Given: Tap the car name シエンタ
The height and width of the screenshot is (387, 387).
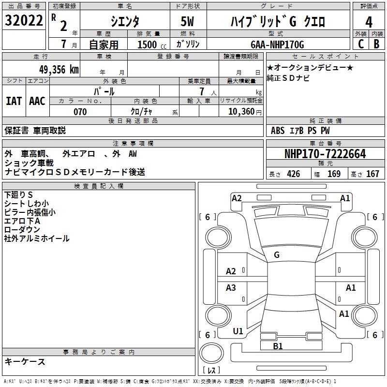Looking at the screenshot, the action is click(124, 22).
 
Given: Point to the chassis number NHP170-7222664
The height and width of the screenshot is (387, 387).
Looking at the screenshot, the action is click(325, 154).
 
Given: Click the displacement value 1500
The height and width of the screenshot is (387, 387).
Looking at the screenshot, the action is click(148, 45).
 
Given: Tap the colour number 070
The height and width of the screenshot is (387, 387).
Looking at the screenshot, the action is click(80, 112).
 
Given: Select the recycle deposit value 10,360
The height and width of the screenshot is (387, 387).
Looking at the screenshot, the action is click(238, 112).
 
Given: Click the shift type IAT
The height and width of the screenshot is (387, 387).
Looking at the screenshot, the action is click(14, 101).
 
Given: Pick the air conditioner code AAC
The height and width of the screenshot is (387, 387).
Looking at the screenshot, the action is click(37, 101).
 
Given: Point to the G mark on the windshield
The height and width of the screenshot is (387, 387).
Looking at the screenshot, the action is click(276, 254).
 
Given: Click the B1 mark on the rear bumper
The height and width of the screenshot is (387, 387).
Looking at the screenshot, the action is click(278, 346).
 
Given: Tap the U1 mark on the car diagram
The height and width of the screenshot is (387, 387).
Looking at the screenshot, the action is click(238, 331).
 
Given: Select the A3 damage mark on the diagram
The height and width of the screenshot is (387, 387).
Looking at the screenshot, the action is click(231, 288).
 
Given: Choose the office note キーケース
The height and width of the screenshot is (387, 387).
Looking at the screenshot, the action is click(25, 361).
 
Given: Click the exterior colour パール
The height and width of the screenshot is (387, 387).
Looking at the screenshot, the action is click(104, 91).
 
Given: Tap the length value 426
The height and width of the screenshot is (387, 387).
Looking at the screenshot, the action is click(293, 174).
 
